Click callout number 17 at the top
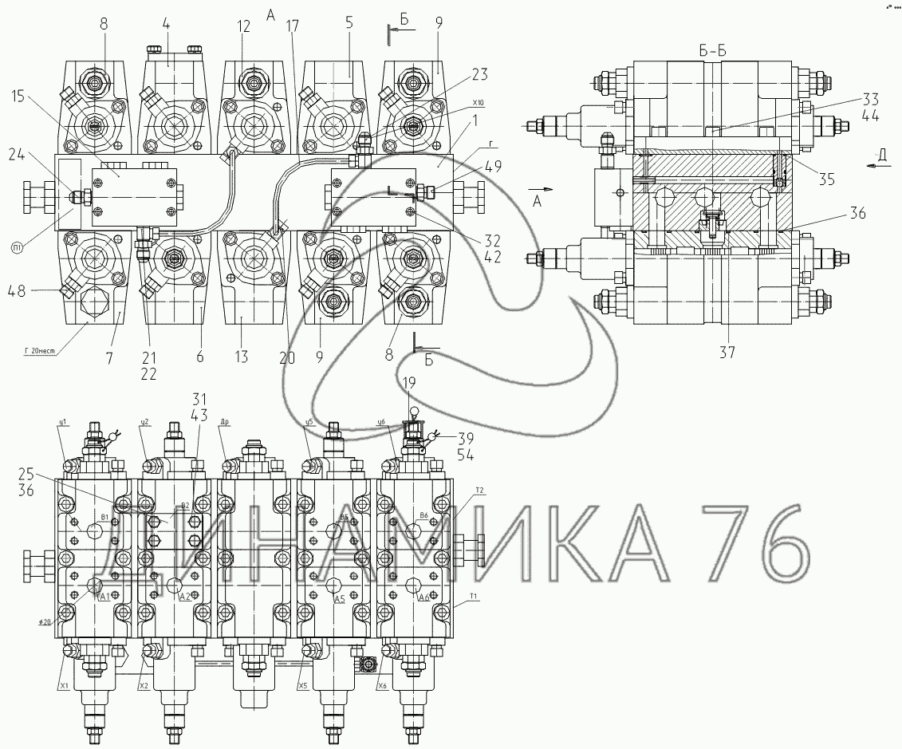coord(292,26)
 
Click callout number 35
coord(826,179)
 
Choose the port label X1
coord(63,685)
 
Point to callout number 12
coord(243,26)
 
